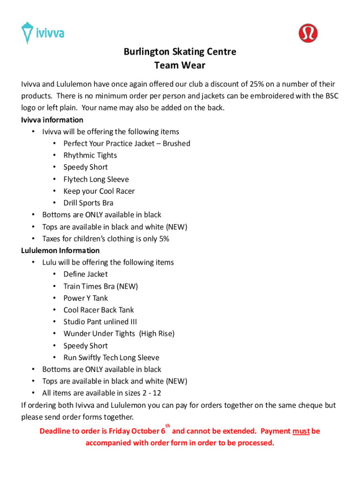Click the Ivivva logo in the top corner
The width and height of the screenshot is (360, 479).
[42, 33]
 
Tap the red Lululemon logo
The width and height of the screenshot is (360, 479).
[308, 33]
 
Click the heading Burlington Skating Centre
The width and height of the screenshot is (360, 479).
[180, 52]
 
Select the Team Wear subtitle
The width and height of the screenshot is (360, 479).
[180, 65]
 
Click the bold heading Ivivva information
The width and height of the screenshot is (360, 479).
[52, 120]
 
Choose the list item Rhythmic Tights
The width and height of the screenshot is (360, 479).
[90, 155]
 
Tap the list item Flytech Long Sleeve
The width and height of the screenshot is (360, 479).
[96, 179]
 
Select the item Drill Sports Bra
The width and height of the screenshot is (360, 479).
[88, 203]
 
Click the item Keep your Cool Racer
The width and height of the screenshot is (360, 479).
[99, 191]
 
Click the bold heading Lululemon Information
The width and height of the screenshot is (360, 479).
[60, 250]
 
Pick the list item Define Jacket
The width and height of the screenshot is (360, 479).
[86, 274]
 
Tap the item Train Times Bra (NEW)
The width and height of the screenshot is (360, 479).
[101, 286]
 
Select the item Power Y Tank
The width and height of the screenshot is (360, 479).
[86, 298]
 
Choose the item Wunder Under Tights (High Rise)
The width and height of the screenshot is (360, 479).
[119, 334]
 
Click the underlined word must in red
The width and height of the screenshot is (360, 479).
[301, 431]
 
